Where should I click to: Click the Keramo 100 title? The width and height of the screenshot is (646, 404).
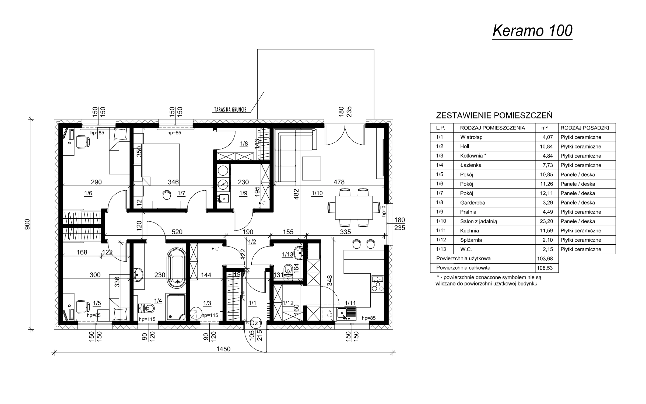click(532, 31)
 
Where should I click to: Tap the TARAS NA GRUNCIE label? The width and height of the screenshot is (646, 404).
click(230, 110)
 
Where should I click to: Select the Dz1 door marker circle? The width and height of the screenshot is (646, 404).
click(256, 323)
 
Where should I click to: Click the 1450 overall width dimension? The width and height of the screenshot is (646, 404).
click(223, 349)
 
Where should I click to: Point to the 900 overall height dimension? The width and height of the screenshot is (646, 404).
click(27, 224)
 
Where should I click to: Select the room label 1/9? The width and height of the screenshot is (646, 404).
click(243, 193)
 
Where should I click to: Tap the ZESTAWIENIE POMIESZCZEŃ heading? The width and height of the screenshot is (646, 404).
click(494, 116)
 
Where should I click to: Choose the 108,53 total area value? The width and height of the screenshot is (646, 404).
click(547, 268)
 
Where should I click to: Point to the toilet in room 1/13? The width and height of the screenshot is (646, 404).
click(288, 272)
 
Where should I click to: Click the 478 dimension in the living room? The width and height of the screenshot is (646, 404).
click(339, 182)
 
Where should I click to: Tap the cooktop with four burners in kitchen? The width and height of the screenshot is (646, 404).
click(377, 284)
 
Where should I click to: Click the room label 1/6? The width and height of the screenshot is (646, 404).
click(88, 193)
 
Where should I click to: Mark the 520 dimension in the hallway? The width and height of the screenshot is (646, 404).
click(177, 232)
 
